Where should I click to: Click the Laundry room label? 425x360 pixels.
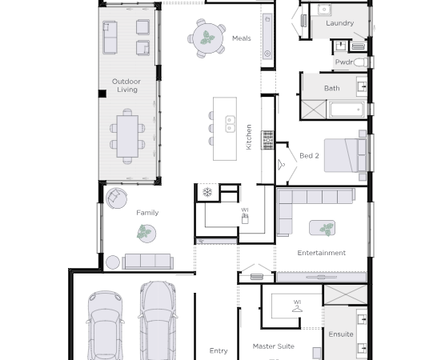(x=340, y=23)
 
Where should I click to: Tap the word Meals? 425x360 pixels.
(x=242, y=38)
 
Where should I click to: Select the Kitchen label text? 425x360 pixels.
(x=249, y=137)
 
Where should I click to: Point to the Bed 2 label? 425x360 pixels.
(x=309, y=156)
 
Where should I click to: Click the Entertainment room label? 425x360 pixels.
(x=322, y=253)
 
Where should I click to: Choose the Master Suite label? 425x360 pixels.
(x=274, y=346)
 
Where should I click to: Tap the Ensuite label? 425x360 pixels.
(x=341, y=334)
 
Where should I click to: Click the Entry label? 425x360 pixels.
(x=219, y=350)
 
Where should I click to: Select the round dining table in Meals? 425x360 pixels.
(x=208, y=38)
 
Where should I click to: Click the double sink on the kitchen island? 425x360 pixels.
(x=230, y=124)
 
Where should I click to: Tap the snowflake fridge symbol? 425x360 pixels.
(x=207, y=192)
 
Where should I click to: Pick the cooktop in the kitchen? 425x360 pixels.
(x=267, y=140)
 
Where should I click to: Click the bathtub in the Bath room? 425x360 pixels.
(x=347, y=110)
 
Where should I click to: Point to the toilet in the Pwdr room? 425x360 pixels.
(x=360, y=62)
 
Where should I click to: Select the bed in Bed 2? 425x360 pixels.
(x=345, y=155)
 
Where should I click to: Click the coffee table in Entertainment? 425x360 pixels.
(x=322, y=228)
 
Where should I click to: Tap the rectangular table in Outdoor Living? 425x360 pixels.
(x=127, y=136)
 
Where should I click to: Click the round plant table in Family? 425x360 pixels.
(x=146, y=234)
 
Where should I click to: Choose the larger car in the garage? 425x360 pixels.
(x=158, y=321)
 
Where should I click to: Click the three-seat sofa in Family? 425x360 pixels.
(x=148, y=262)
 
